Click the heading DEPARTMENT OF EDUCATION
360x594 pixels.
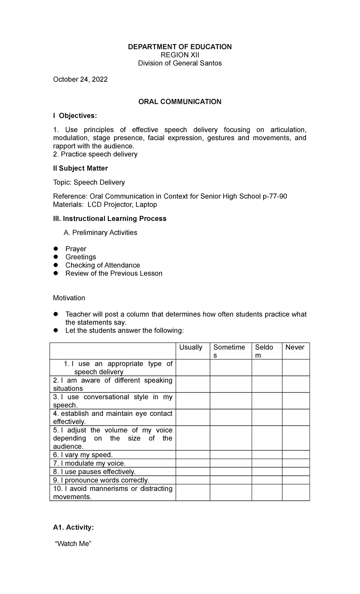click(180, 47)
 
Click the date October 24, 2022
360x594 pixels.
click(80, 80)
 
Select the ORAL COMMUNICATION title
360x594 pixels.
click(180, 102)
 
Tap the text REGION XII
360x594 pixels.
click(180, 55)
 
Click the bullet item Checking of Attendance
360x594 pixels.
click(103, 265)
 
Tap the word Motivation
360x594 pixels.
click(69, 298)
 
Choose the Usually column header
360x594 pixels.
click(191, 347)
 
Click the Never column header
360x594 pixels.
click(295, 347)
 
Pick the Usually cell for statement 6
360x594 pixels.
click(193, 455)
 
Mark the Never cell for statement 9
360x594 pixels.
click(295, 480)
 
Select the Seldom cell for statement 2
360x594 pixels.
click(267, 384)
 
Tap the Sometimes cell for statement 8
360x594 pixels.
click(230, 472)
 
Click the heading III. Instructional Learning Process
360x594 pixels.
click(109, 219)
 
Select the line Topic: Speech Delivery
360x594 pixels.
click(89, 182)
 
